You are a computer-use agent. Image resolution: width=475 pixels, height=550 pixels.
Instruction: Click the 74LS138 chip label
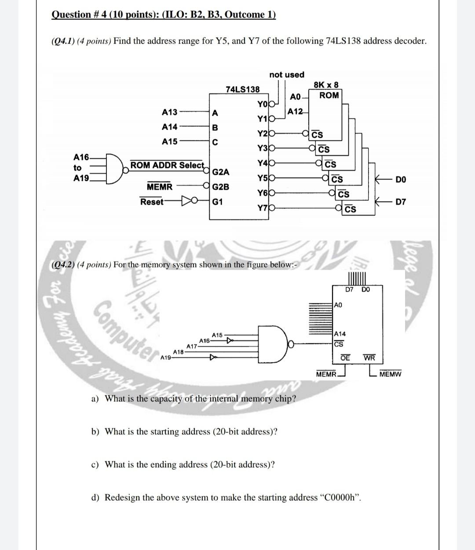pos(242,89)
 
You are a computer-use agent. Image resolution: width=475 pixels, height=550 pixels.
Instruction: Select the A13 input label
pos(170,112)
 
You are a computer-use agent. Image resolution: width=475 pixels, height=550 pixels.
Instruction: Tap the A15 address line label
pos(170,141)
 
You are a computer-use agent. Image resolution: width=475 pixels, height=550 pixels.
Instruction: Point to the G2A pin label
pos(220,171)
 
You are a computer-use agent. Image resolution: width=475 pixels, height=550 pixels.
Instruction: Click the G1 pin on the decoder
pos(217,202)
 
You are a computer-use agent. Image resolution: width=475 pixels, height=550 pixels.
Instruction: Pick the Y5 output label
pos(262,178)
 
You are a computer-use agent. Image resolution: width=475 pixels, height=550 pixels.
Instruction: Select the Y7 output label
pos(262,208)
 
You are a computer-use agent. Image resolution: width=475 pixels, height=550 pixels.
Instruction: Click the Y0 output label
pos(262,104)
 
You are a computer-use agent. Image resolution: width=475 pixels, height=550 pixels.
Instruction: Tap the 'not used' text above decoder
pos(286,75)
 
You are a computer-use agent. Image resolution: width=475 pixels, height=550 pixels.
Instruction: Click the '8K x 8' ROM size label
pos(326,84)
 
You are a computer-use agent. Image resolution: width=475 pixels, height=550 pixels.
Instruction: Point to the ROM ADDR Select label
pos(167,165)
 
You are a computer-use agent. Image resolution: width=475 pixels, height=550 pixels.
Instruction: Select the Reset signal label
pos(152,202)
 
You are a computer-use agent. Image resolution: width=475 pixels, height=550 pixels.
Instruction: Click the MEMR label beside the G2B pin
pos(160,187)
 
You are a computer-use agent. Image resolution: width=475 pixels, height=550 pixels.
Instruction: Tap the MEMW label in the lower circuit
pos(390,375)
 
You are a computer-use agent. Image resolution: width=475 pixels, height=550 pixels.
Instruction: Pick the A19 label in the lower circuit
pos(166,357)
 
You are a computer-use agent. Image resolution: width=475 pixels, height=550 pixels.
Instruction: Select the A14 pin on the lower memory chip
pos(340,334)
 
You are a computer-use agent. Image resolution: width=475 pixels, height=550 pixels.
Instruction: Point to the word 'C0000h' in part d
pos(342,497)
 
